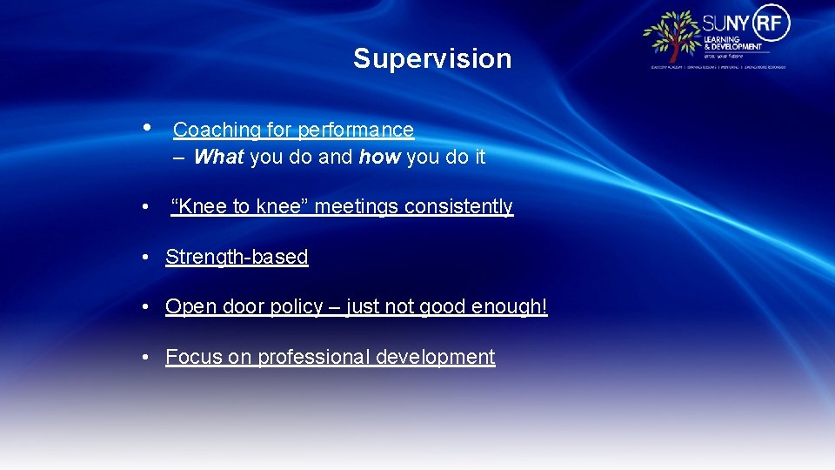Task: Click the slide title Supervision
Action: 432,58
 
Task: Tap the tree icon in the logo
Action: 671,36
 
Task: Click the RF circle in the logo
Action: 772,23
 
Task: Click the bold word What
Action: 219,157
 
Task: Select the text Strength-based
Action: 237,257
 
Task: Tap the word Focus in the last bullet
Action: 194,357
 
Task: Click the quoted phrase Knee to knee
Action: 239,206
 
